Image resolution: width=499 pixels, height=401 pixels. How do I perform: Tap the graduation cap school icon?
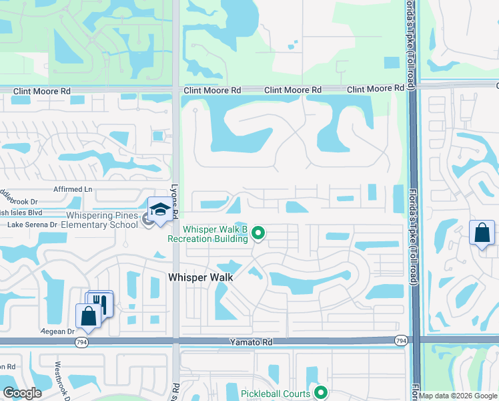tap(159, 211)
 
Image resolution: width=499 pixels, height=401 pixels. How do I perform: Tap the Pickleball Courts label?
tap(276, 394)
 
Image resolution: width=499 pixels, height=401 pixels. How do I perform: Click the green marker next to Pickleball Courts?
tap(321, 393)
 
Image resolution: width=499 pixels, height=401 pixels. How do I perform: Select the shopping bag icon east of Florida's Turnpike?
tap(481, 233)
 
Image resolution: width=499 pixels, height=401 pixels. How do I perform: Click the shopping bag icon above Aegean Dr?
tap(87, 317)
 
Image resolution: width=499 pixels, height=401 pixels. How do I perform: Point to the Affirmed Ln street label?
tap(73, 190)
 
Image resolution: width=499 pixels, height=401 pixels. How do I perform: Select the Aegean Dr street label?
tap(57, 331)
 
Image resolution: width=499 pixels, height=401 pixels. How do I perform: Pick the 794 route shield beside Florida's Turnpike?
tap(400, 341)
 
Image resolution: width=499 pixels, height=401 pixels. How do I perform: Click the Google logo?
tap(23, 393)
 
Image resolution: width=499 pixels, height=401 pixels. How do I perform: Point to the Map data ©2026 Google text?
tap(458, 396)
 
